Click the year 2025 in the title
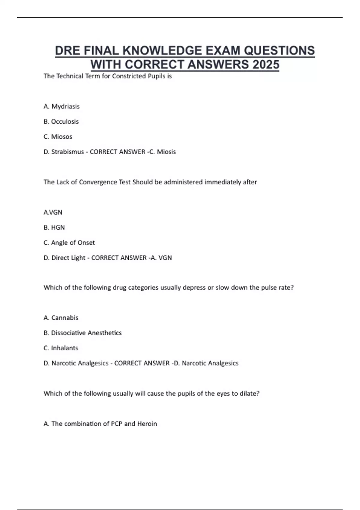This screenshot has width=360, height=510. pyautogui.click(x=266, y=64)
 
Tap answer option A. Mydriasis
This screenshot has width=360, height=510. pyautogui.click(x=61, y=106)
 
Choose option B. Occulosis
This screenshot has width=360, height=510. pyautogui.click(x=61, y=121)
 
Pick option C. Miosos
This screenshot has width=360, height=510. pyautogui.click(x=58, y=136)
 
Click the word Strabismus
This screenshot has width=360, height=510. pyautogui.click(x=67, y=152)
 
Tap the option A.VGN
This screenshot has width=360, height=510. pyautogui.click(x=53, y=212)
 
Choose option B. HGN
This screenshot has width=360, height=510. pyautogui.click(x=54, y=227)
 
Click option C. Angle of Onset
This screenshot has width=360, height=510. pyautogui.click(x=69, y=242)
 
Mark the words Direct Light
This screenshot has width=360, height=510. pyautogui.click(x=68, y=258)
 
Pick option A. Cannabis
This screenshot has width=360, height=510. pyautogui.click(x=61, y=318)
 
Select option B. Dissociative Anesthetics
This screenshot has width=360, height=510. pyautogui.click(x=82, y=333)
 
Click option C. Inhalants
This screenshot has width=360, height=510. pyautogui.click(x=61, y=348)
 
